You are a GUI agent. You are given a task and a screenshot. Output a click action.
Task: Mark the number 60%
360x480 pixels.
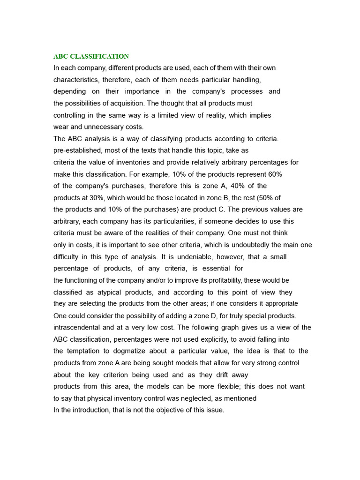[274, 174]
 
